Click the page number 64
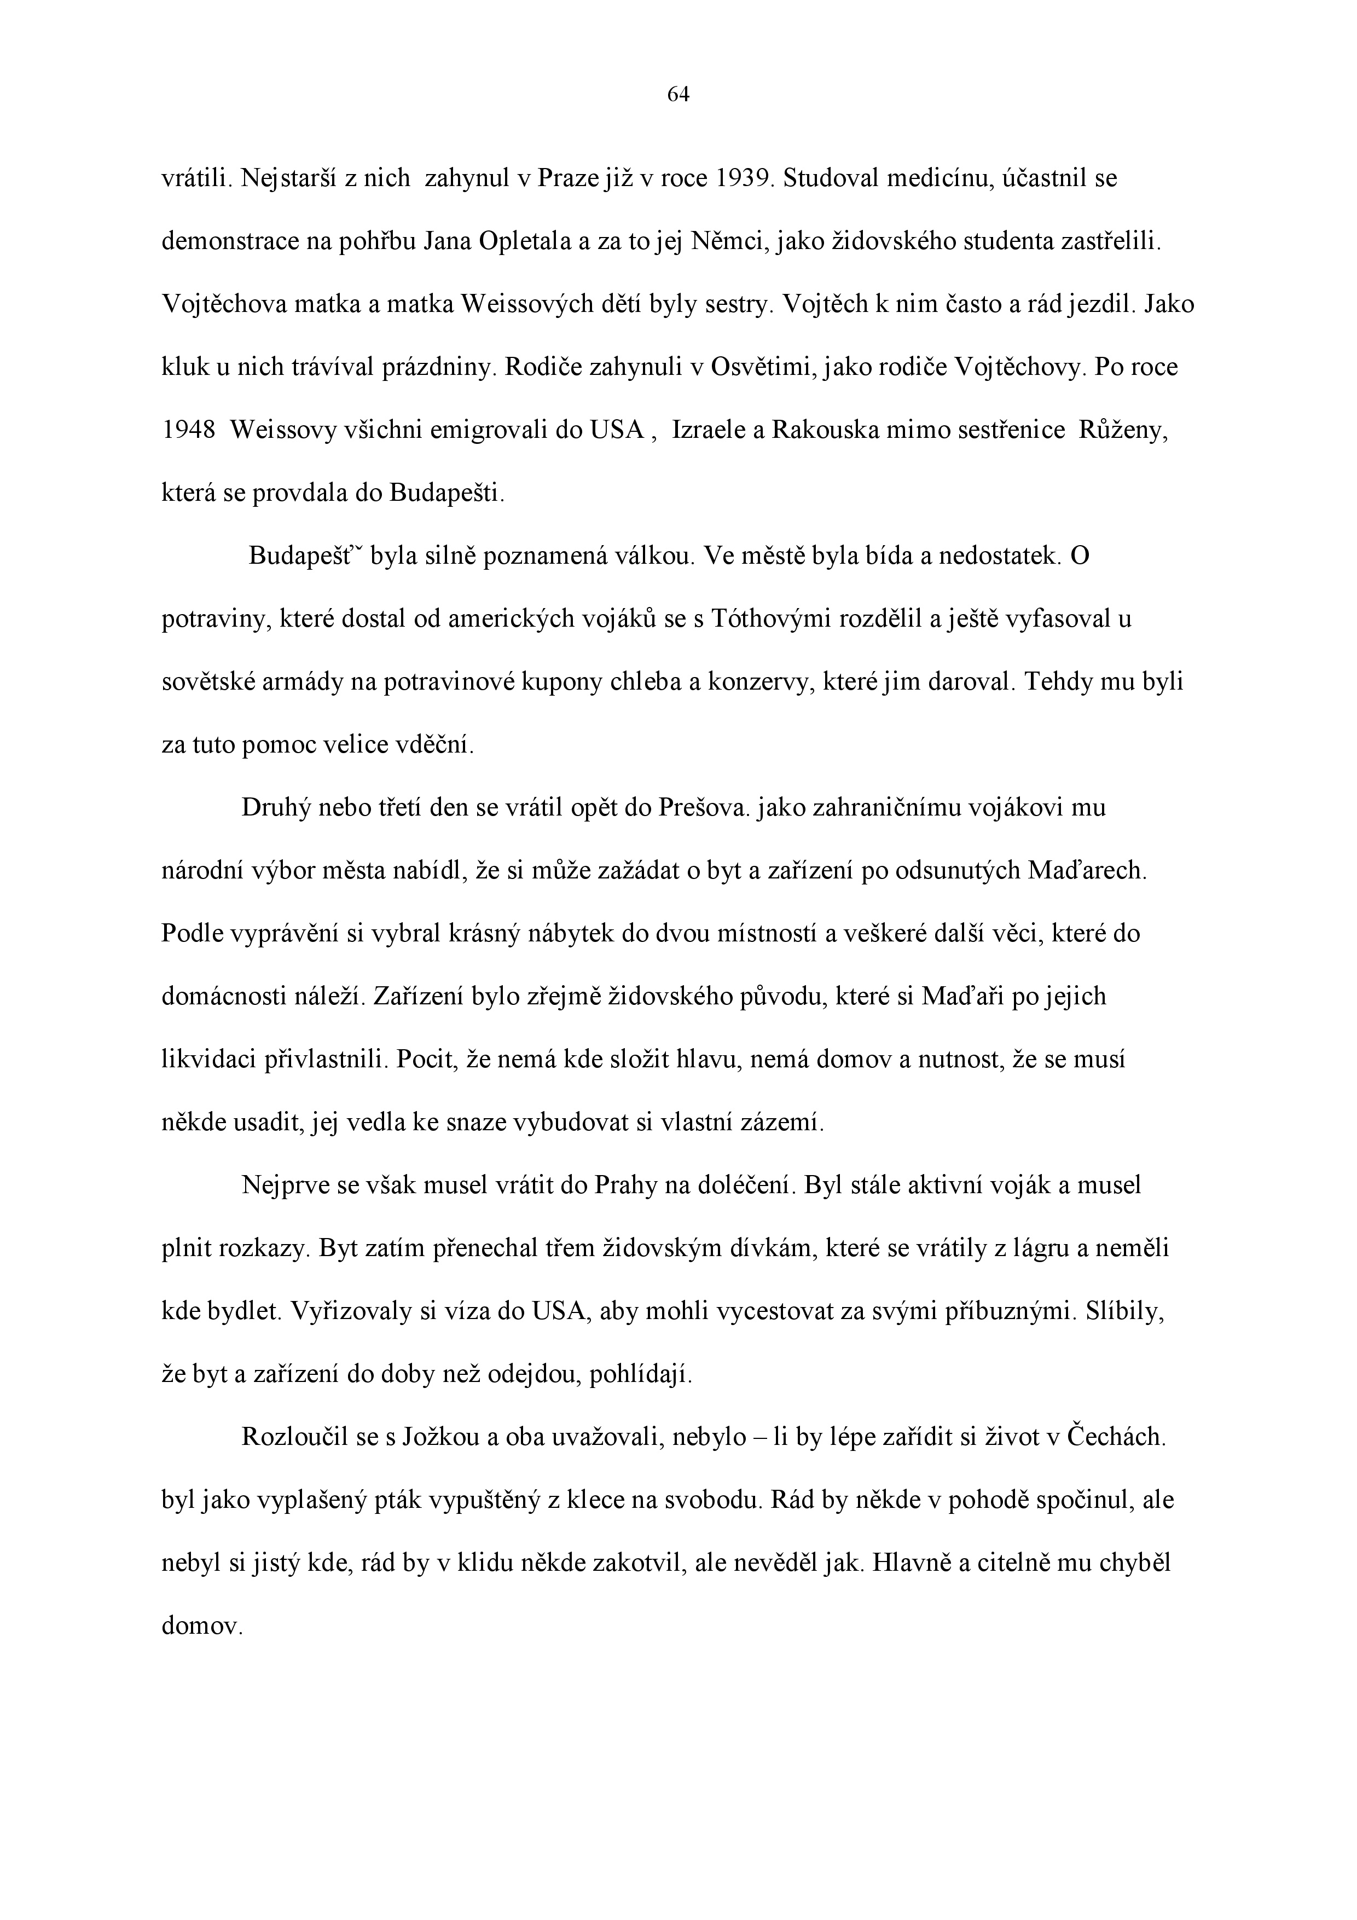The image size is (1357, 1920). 678,95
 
